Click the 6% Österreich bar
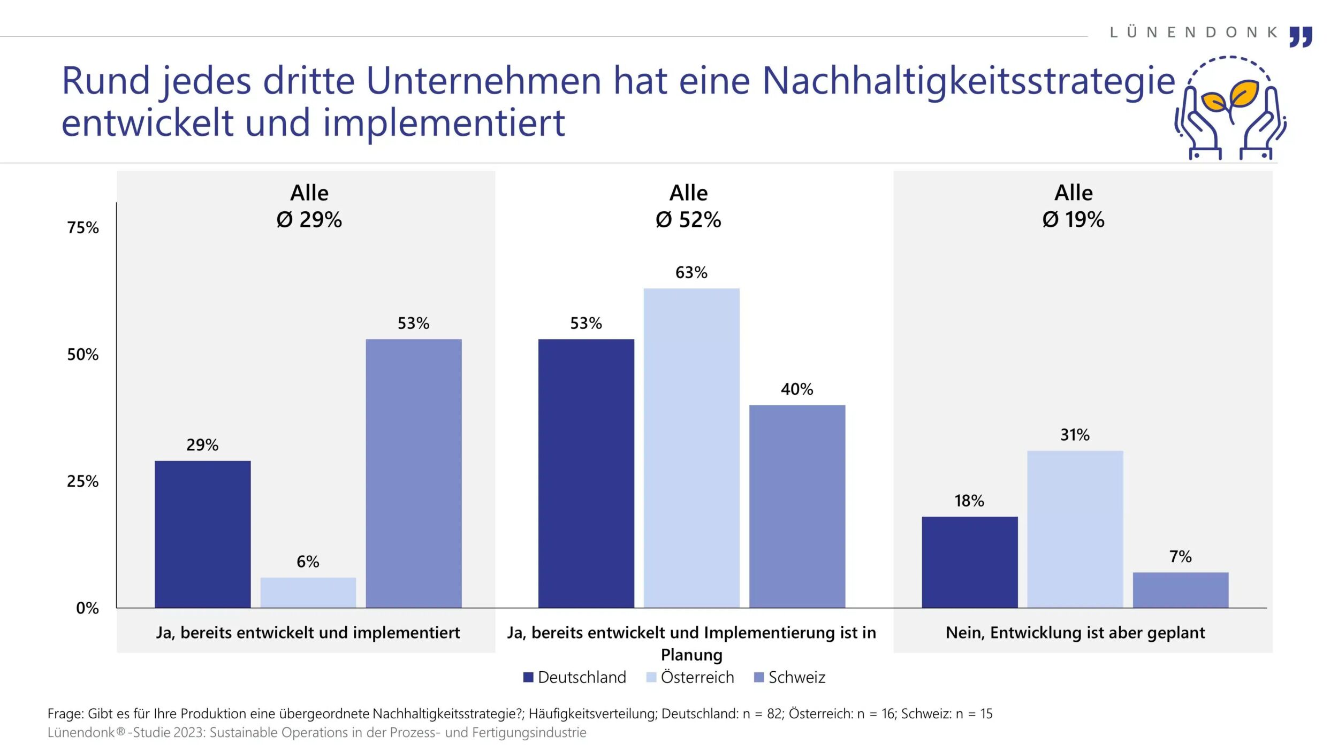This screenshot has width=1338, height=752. pyautogui.click(x=308, y=592)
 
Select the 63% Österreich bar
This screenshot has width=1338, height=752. pyautogui.click(x=691, y=448)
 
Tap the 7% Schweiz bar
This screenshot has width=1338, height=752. pyautogui.click(x=1180, y=590)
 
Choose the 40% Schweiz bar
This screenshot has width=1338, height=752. pyautogui.click(x=796, y=506)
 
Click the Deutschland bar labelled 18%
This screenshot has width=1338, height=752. pyautogui.click(x=969, y=562)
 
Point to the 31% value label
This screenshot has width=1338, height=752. pyautogui.click(x=1075, y=435)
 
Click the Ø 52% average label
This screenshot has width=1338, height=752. pyautogui.click(x=688, y=220)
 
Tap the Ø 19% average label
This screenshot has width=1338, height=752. pyautogui.click(x=1073, y=220)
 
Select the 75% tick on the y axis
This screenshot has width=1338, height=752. pyautogui.click(x=83, y=228)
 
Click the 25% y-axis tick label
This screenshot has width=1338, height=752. pyautogui.click(x=83, y=481)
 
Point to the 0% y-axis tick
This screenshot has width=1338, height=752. pyautogui.click(x=87, y=608)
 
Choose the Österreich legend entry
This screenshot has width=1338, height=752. pyautogui.click(x=690, y=677)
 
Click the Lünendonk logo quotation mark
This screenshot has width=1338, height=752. pyautogui.click(x=1301, y=36)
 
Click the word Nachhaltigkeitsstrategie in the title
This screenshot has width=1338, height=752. pyautogui.click(x=968, y=81)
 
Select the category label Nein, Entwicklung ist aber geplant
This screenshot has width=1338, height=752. pyautogui.click(x=1075, y=633)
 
